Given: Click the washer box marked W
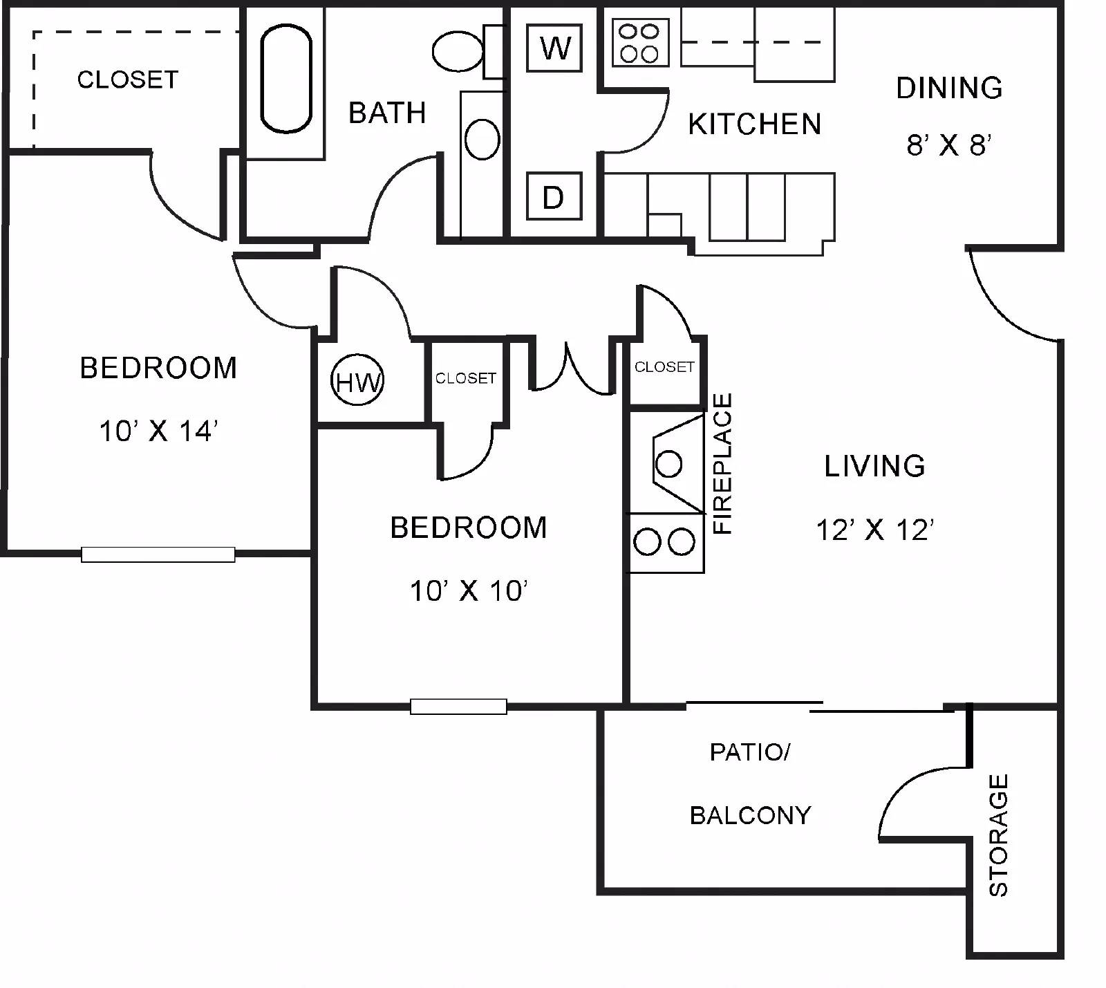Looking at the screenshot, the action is click(x=554, y=48).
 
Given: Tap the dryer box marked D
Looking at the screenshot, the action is click(x=554, y=196).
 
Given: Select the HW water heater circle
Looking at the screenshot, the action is click(x=357, y=380).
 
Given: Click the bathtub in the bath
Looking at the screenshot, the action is click(x=286, y=79).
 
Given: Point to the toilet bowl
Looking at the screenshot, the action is click(x=458, y=51).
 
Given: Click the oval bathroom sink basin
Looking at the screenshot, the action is click(x=482, y=139).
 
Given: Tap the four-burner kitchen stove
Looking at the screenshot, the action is click(x=640, y=43).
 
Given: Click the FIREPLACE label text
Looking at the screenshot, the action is click(x=722, y=463).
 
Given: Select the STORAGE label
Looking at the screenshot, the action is click(x=998, y=835).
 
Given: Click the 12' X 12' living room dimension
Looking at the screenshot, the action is click(x=875, y=530).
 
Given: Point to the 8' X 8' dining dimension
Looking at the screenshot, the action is click(x=950, y=145).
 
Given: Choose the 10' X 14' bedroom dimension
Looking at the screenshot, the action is click(x=159, y=431).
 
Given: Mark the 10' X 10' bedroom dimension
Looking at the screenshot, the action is click(x=469, y=590).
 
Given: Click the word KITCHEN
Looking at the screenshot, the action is click(x=755, y=124).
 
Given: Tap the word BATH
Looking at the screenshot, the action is click(x=387, y=113).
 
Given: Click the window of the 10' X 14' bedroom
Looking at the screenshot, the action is click(x=158, y=554).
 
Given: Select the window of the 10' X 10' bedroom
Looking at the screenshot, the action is click(x=458, y=706).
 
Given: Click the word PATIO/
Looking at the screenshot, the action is click(x=750, y=752).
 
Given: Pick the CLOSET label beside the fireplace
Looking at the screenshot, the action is click(x=664, y=366).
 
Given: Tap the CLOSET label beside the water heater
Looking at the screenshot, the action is click(x=466, y=378).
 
